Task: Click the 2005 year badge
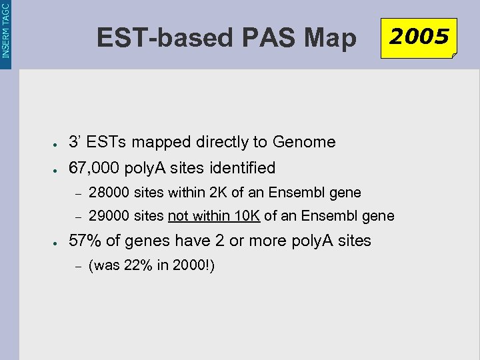click(x=419, y=37)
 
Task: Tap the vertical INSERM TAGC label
click(x=6, y=29)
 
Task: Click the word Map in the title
click(x=330, y=38)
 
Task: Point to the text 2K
click(x=219, y=193)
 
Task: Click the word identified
click(x=244, y=167)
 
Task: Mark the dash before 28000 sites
click(x=77, y=193)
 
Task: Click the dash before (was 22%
click(x=77, y=266)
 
